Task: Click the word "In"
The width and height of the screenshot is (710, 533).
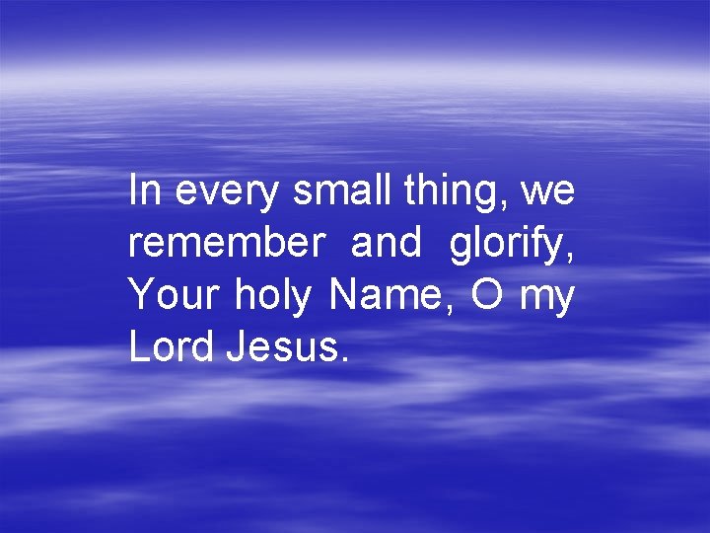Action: pyautogui.click(x=144, y=190)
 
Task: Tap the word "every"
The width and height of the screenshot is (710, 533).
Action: pyautogui.click(x=226, y=194)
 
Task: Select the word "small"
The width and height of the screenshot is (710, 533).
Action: pyautogui.click(x=342, y=190)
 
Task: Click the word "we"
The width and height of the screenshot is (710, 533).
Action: pyautogui.click(x=547, y=194)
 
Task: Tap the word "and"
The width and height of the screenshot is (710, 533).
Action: pyautogui.click(x=386, y=243)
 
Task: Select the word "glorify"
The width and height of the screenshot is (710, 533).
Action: pyautogui.click(x=507, y=246)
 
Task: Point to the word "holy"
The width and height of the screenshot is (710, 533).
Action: pyautogui.click(x=272, y=297)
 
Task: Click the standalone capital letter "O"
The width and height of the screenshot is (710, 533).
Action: pyautogui.click(x=487, y=295)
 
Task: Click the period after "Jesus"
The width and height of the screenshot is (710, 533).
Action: pyautogui.click(x=343, y=360)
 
